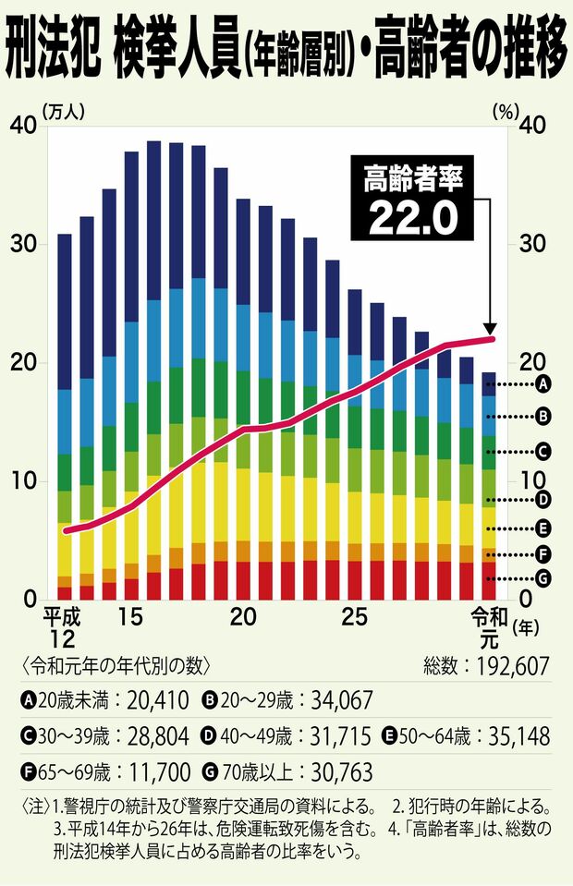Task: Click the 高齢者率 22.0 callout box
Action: click(x=412, y=200)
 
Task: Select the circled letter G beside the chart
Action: click(x=544, y=578)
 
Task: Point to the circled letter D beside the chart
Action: click(x=544, y=499)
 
